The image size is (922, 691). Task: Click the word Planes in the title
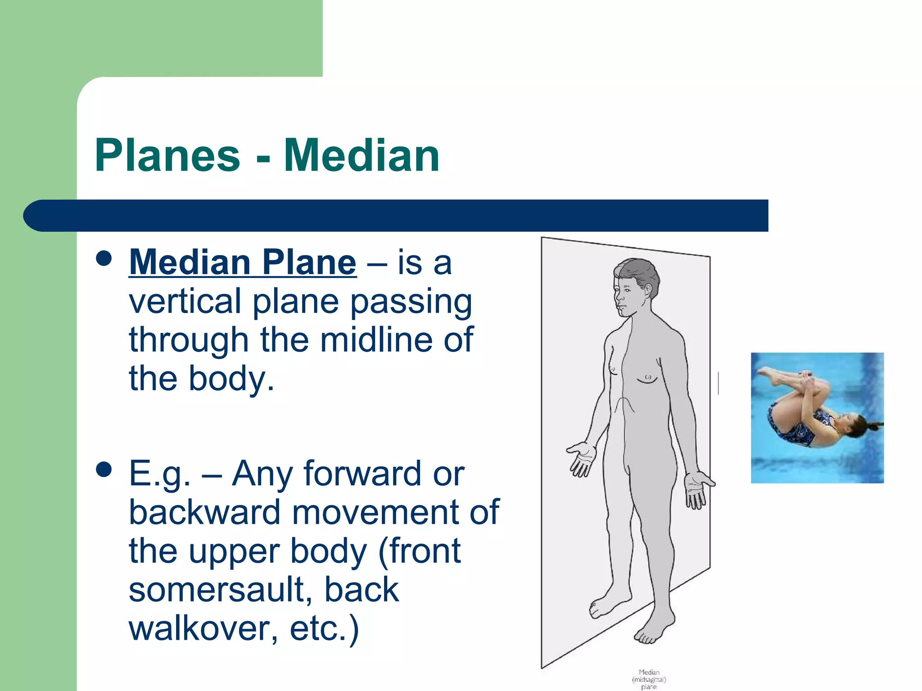point(167,156)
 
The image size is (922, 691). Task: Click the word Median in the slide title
point(362,156)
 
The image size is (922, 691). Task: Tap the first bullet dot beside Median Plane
point(104,259)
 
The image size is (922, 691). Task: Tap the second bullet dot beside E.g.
point(104,470)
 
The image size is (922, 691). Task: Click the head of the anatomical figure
point(635,286)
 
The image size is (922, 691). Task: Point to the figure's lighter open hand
point(581,459)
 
